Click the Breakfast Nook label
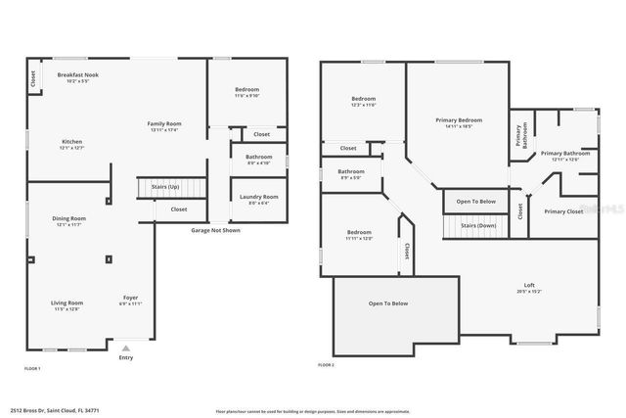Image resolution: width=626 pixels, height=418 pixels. tap(77, 75)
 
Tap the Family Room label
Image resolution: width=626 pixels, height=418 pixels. tap(164, 124)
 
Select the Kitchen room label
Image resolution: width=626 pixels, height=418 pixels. tap(72, 143)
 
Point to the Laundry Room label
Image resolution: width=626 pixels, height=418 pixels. tap(258, 197)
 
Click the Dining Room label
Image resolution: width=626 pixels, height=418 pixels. tap(69, 219)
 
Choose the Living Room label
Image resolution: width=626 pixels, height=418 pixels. tap(67, 303)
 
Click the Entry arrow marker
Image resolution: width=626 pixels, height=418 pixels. tap(124, 348)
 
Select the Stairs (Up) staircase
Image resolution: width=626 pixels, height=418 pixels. tap(172, 185)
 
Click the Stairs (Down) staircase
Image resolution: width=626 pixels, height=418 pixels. tap(475, 225)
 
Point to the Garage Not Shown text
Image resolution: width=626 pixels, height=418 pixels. tap(215, 231)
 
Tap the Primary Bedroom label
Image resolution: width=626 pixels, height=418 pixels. tap(458, 120)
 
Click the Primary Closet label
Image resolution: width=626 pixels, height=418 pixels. tap(563, 211)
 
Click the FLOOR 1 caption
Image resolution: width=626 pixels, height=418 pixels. tap(32, 368)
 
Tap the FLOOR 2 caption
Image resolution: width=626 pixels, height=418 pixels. tap(326, 365)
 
